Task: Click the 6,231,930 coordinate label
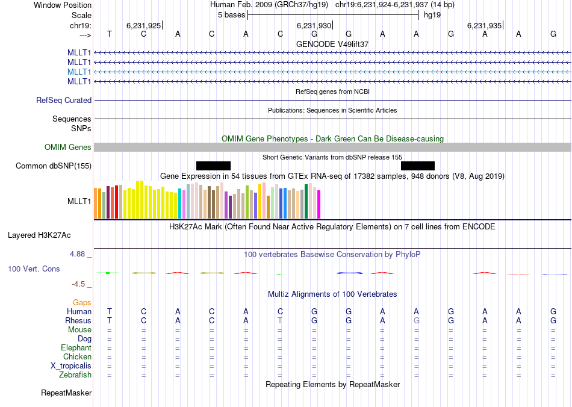click(x=314, y=26)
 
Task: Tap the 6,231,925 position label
click(x=143, y=26)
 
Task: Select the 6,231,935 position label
click(x=484, y=26)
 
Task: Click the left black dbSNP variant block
click(x=213, y=166)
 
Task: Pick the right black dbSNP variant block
click(x=418, y=166)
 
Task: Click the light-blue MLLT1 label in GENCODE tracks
click(x=79, y=72)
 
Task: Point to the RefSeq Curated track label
click(x=64, y=101)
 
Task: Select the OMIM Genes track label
click(x=68, y=148)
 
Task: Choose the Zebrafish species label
click(x=76, y=375)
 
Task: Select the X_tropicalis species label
click(x=71, y=366)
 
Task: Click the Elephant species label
click(x=76, y=348)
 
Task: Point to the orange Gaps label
click(x=82, y=302)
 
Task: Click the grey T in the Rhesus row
click(x=280, y=321)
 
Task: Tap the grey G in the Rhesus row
click(x=416, y=321)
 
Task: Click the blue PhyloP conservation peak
click(x=349, y=273)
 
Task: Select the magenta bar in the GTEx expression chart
click(x=319, y=205)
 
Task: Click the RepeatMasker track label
click(x=66, y=393)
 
